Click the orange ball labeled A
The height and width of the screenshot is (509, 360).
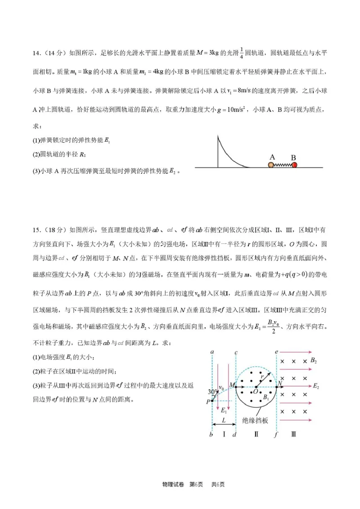271,165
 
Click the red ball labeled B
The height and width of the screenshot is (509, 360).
294,165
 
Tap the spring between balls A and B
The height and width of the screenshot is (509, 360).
283,165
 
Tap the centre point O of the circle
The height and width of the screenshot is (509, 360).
256,387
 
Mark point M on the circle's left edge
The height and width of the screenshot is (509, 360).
236,386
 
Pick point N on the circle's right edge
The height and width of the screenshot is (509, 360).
277,386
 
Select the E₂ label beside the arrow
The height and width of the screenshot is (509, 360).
316,386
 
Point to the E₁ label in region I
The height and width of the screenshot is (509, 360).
223,410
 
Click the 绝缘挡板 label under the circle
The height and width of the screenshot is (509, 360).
255,420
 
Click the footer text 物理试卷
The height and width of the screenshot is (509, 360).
171,484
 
